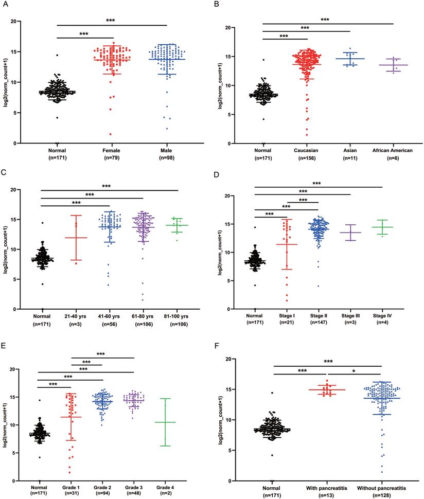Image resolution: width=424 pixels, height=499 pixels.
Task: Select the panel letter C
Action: (x=6, y=175)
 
